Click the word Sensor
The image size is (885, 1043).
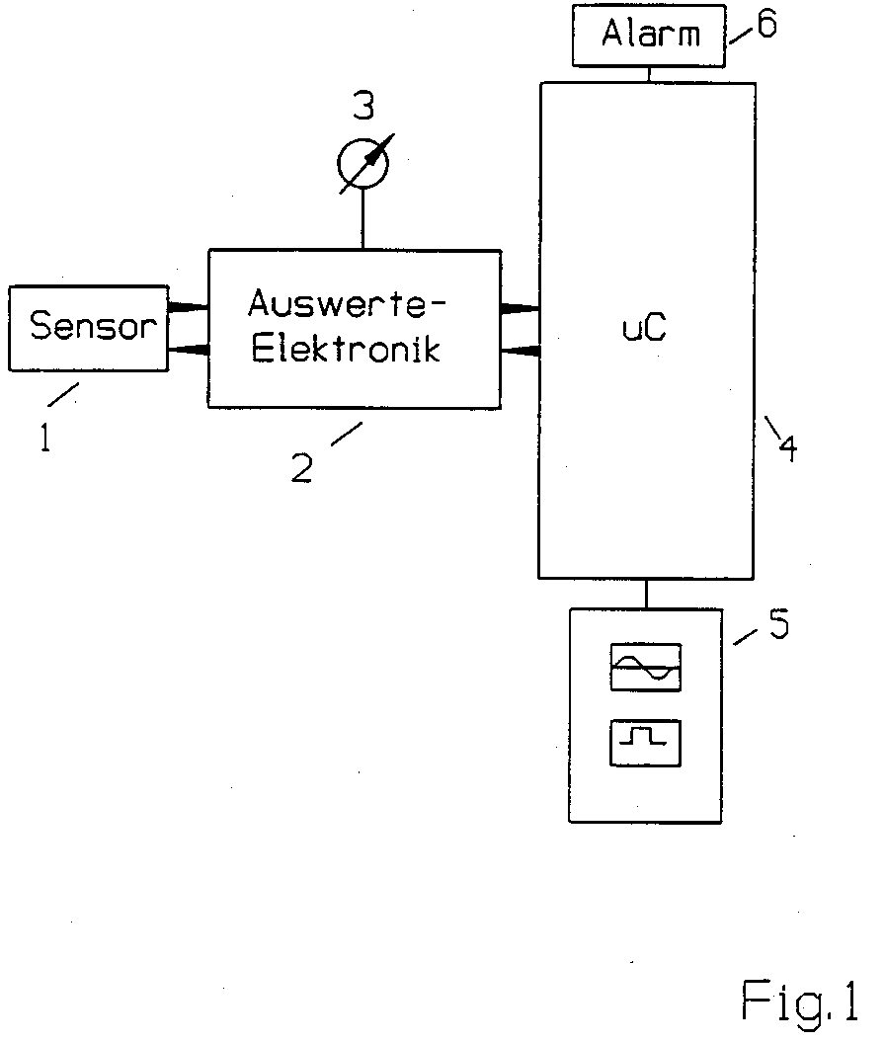(x=93, y=325)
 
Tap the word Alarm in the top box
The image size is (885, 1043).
(x=651, y=34)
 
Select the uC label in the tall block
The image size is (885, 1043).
(x=644, y=329)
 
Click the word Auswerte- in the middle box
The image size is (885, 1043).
(x=347, y=304)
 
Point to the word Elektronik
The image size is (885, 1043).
(x=346, y=348)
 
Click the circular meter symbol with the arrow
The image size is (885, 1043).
(x=363, y=164)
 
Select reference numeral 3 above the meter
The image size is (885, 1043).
(x=364, y=107)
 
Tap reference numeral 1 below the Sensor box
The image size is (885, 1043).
(x=45, y=438)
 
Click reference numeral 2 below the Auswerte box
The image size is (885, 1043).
(x=302, y=467)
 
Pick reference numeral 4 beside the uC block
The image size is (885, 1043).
(x=788, y=447)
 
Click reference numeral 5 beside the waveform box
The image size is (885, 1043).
(x=779, y=624)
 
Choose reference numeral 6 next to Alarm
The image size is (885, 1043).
(x=767, y=24)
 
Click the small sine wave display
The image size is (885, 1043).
(x=645, y=667)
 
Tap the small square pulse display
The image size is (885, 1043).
(x=645, y=743)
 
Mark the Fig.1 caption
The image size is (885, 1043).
(x=800, y=1002)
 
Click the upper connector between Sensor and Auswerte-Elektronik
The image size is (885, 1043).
(x=189, y=307)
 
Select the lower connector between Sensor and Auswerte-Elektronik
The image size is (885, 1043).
(x=189, y=350)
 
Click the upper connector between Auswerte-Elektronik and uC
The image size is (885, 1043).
(x=520, y=308)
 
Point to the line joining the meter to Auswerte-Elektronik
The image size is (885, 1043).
(x=363, y=219)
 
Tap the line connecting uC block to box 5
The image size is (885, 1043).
(x=645, y=594)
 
